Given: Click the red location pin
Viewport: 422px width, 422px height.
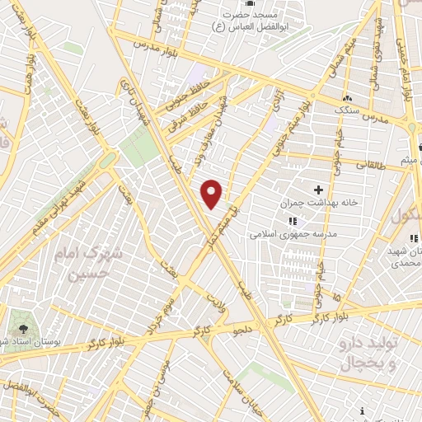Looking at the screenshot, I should pyautogui.click(x=212, y=194).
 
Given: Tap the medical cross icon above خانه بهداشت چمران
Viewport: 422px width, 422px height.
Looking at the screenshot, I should pyautogui.click(x=318, y=190).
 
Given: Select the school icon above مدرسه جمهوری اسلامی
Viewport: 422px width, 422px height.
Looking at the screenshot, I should pyautogui.click(x=291, y=221).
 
